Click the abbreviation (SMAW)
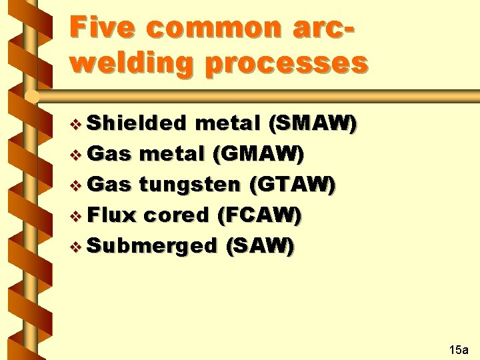pos(312,123)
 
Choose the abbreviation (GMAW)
pos(258,155)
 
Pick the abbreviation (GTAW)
pos(291,185)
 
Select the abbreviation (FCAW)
pos(259,215)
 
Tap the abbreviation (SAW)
pos(260,245)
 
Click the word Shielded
pos(137,123)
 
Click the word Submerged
pos(152,245)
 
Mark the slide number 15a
pos(459,349)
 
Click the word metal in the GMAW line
pos(172,155)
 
